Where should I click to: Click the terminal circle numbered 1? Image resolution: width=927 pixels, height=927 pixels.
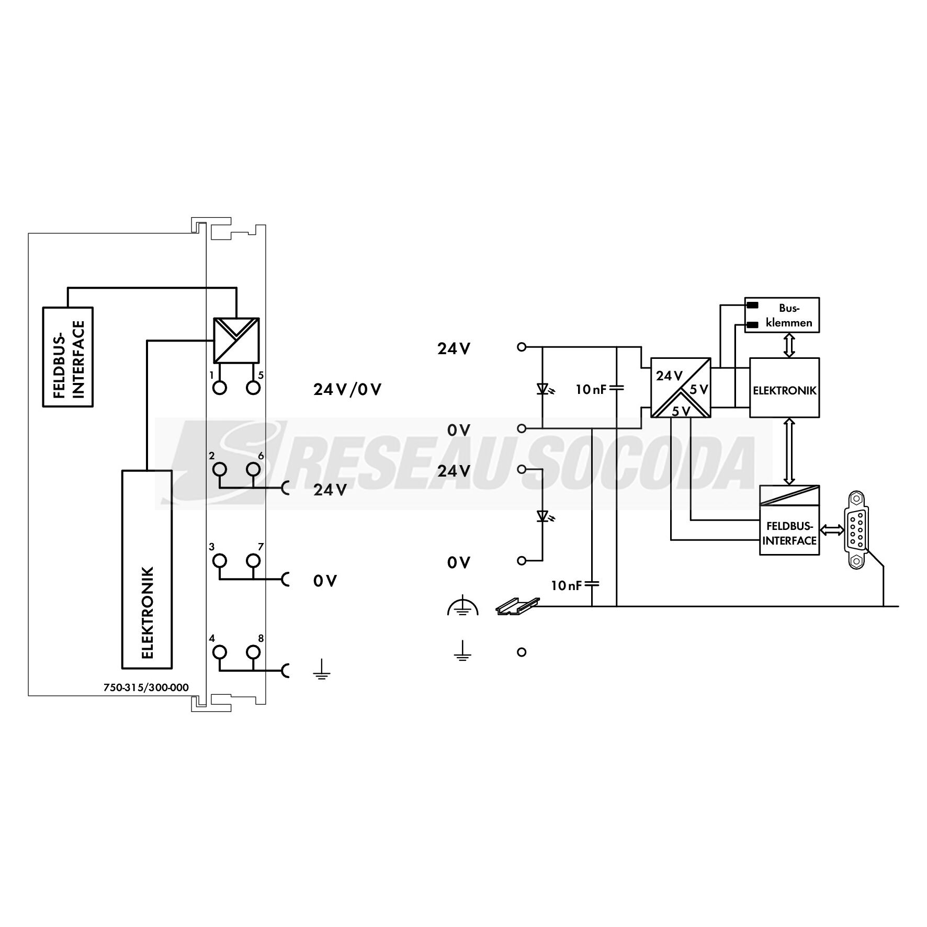click(220, 388)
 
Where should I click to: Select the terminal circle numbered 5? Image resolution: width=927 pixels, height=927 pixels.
click(253, 388)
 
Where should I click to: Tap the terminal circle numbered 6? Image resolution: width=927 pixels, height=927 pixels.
click(253, 469)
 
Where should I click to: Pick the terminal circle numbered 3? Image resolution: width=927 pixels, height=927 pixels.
click(220, 561)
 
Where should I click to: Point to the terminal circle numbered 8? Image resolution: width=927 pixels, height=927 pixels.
click(253, 652)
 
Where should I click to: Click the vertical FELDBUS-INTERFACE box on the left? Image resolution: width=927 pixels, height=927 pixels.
click(67, 357)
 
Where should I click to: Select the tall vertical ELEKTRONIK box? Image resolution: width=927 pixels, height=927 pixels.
click(147, 569)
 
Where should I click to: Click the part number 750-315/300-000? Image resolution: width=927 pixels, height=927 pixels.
click(146, 688)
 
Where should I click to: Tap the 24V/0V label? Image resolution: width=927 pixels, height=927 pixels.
click(347, 389)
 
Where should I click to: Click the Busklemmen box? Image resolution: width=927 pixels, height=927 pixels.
click(782, 315)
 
